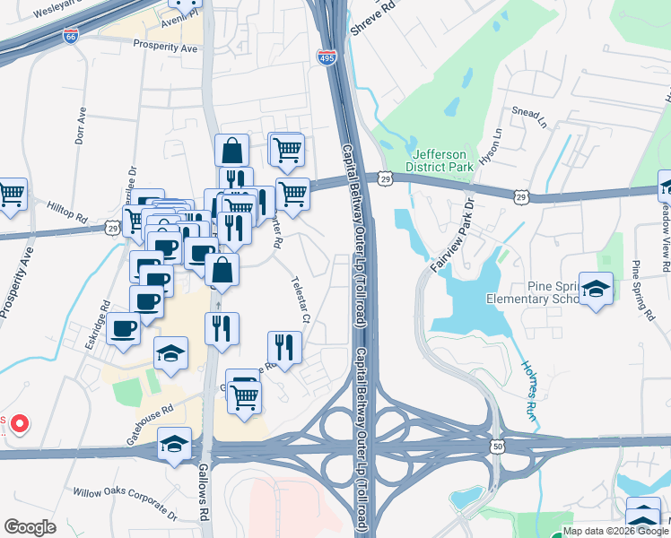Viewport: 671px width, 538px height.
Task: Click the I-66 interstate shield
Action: click(71, 37)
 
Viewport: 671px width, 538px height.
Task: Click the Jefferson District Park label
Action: click(438, 160)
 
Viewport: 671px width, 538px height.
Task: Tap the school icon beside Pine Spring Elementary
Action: click(596, 290)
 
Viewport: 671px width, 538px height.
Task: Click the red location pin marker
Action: click(19, 424)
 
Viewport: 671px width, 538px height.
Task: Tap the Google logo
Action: click(30, 527)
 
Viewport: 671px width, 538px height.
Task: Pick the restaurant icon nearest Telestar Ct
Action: click(284, 348)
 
